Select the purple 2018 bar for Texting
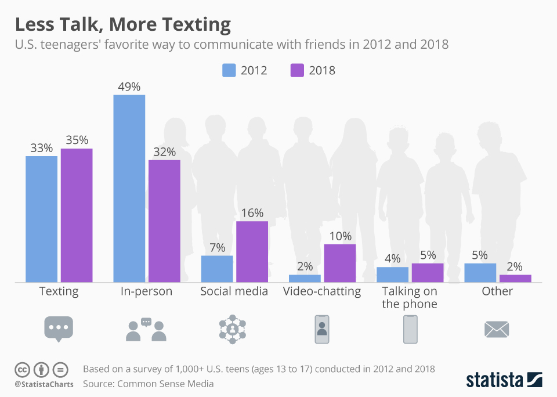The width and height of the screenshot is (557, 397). [77, 215]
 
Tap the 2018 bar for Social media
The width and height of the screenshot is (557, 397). [252, 251]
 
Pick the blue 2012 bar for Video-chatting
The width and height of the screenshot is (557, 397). [305, 279]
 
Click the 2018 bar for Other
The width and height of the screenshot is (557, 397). [515, 279]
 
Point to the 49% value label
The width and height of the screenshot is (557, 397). [129, 87]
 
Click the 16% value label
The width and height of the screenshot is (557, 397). [252, 214]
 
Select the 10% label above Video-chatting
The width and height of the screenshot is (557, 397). [339, 236]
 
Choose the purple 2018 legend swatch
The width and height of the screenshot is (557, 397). [298, 70]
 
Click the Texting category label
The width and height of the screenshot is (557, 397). [59, 291]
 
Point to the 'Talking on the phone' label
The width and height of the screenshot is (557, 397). [410, 297]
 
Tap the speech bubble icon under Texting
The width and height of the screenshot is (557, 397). [59, 329]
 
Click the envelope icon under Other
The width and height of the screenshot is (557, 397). [497, 330]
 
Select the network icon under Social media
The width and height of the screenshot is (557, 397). [233, 329]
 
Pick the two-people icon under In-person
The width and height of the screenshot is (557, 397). [146, 330]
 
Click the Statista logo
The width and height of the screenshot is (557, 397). [504, 380]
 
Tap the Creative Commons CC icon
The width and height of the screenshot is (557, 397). [23, 369]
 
